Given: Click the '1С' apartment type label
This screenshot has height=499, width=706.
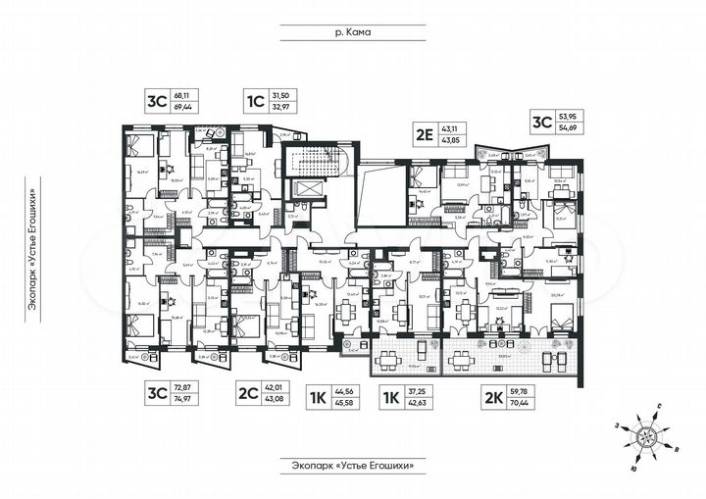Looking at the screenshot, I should tap(253, 101).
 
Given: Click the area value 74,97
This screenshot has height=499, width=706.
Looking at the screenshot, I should tap(181, 400).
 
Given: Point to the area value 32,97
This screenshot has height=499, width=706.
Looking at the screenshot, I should tap(279, 106).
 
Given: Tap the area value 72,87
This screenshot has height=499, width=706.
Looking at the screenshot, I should tap(181, 389).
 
